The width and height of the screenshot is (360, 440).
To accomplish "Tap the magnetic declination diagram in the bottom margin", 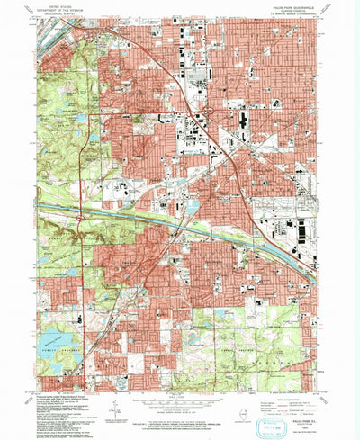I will point(117,408).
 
